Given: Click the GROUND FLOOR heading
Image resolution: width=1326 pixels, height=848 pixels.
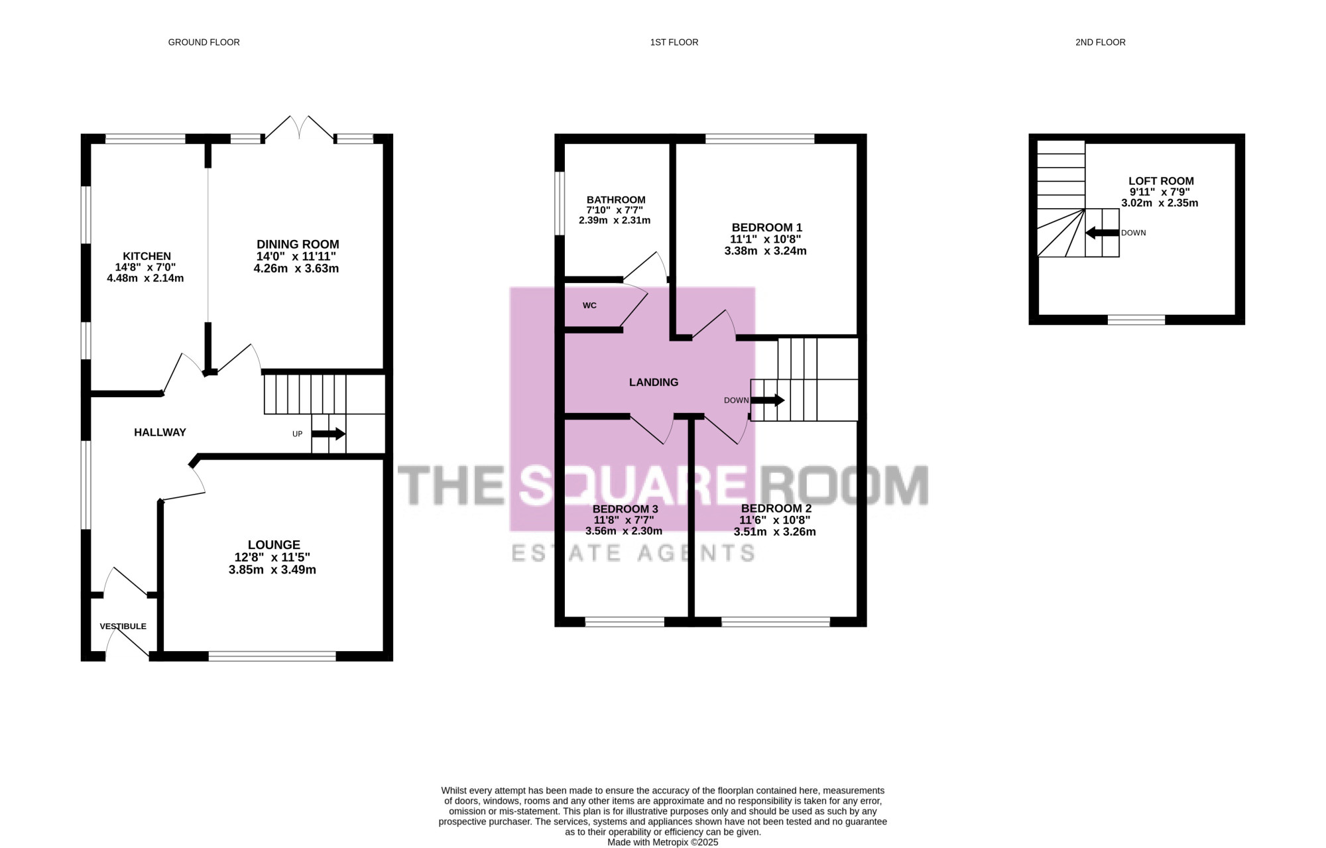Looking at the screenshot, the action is click(x=204, y=42).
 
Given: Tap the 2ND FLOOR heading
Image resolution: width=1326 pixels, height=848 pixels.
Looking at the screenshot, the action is click(x=1100, y=42).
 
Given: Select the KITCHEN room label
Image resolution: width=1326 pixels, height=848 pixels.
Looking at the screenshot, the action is click(x=147, y=256).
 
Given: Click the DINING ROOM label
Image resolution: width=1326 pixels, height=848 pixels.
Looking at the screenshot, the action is click(x=298, y=244).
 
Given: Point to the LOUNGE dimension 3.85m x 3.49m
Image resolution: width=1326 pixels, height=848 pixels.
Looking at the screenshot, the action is click(x=272, y=570).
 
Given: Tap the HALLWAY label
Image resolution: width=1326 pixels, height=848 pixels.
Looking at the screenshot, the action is click(x=160, y=432).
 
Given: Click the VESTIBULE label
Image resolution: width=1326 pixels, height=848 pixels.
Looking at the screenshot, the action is click(x=123, y=627).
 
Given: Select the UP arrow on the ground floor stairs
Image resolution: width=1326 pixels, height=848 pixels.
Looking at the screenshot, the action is click(x=328, y=434).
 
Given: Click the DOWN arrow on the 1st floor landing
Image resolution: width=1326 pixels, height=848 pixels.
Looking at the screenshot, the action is click(x=767, y=400).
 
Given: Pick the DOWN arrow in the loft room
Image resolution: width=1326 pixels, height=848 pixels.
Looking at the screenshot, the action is click(x=1102, y=233).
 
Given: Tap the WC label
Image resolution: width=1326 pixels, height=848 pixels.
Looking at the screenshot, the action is click(x=589, y=306).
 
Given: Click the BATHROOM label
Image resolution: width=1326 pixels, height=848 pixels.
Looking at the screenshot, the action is click(x=615, y=200).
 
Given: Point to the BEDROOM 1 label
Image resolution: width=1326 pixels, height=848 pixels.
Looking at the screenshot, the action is click(x=766, y=227).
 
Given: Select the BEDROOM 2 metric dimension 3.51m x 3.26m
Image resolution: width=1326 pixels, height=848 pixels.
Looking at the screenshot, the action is click(x=774, y=532).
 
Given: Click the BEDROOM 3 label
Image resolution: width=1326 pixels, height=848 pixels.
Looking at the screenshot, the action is click(x=625, y=509).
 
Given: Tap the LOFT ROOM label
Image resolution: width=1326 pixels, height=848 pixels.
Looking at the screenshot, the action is click(x=1161, y=181).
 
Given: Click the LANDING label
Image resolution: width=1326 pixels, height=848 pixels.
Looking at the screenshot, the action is click(x=653, y=383).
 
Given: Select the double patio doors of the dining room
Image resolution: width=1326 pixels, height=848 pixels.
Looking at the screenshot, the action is click(x=300, y=127).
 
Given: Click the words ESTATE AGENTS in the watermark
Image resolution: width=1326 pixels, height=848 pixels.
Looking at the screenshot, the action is click(x=633, y=553).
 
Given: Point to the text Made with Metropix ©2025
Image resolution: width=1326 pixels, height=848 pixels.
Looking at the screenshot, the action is click(x=662, y=843).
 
